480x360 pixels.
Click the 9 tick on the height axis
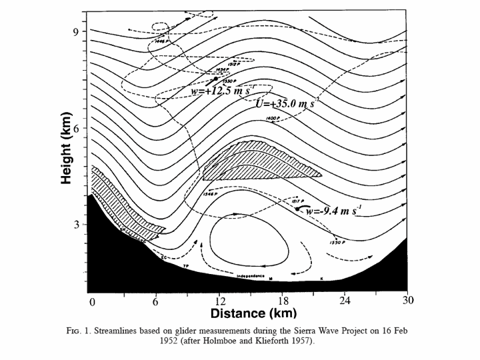pyautogui.click(x=77, y=31)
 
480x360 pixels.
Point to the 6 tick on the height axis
pyautogui.click(x=77, y=128)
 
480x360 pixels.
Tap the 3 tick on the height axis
pyautogui.click(x=77, y=225)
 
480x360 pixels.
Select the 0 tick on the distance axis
pyautogui.click(x=92, y=301)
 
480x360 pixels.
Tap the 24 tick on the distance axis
pyautogui.click(x=345, y=301)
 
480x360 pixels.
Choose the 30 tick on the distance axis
pyautogui.click(x=408, y=301)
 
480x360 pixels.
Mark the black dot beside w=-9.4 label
pyautogui.click(x=297, y=209)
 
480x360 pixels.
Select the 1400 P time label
pyautogui.click(x=273, y=118)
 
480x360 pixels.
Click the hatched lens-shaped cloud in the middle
pyautogui.click(x=257, y=163)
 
